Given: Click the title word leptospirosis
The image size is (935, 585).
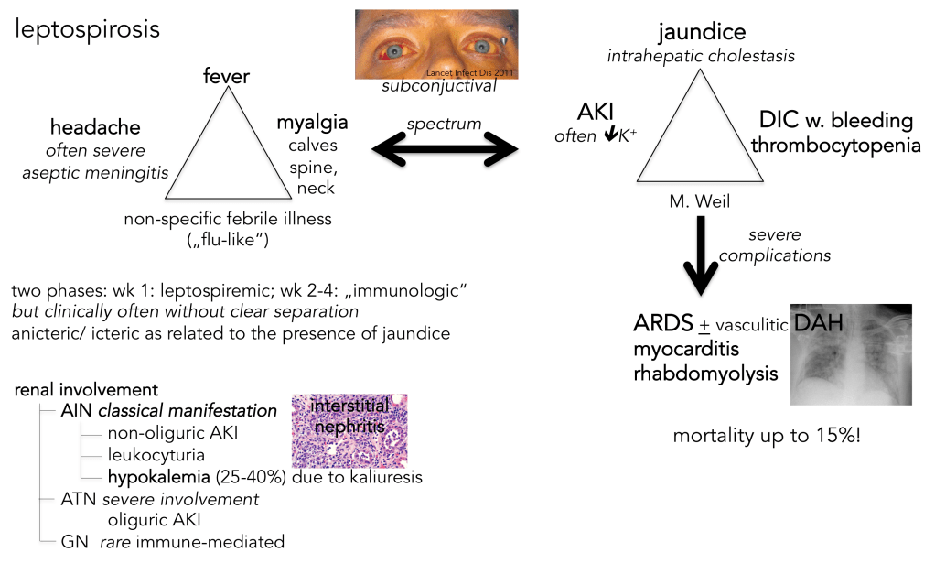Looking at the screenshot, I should pos(87,29).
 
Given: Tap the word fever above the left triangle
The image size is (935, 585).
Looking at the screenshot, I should pos(226,77).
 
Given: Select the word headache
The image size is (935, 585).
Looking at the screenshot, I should pos(95,128).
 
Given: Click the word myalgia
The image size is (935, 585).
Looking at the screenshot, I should pos(312,123).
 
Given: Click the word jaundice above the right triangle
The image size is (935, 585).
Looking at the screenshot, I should pos(702,32).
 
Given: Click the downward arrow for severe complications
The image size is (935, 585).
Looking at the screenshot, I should pos(700,255).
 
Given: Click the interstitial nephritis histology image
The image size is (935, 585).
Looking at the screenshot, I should pos(349,431).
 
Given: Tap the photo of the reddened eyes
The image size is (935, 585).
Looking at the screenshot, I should pos(436,44).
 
